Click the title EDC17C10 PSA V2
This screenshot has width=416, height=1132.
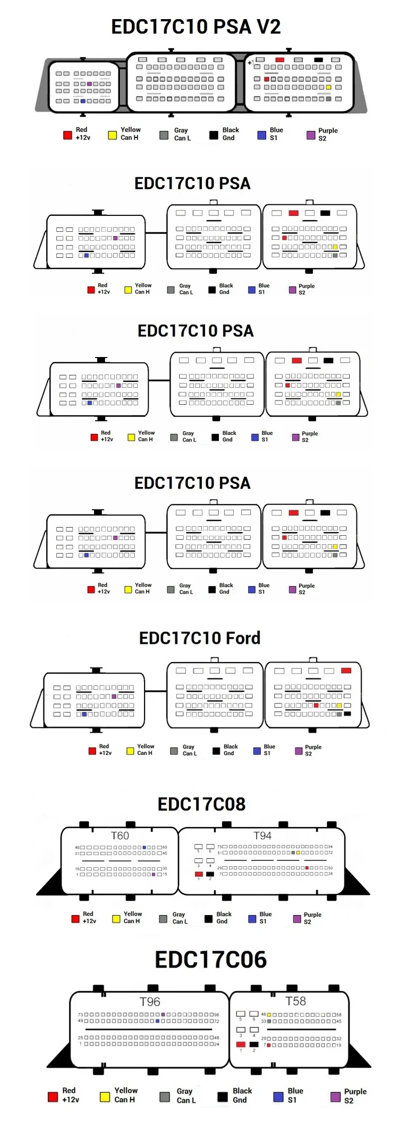pyautogui.click(x=196, y=27)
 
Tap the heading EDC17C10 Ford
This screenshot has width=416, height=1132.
pyautogui.click(x=200, y=638)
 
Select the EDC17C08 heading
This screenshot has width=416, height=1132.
pyautogui.click(x=201, y=804)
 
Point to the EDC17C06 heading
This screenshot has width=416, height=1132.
pyautogui.click(x=210, y=960)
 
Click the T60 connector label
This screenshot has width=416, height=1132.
pyautogui.click(x=120, y=835)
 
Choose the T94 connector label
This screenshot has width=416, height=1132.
pyautogui.click(x=262, y=835)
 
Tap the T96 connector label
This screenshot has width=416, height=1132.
pyautogui.click(x=149, y=1002)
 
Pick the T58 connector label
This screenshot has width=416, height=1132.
pyautogui.click(x=295, y=1001)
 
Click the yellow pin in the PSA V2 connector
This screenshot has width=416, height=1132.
pyautogui.click(x=328, y=87)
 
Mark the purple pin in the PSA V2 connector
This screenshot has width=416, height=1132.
pyautogui.click(x=89, y=84)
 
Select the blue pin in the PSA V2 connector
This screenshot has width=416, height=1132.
pyautogui.click(x=83, y=101)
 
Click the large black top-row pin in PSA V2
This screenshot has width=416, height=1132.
pyautogui.click(x=318, y=60)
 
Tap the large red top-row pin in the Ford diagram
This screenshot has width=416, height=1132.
pyautogui.click(x=346, y=671)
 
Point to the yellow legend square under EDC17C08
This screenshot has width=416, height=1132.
pyautogui.click(x=116, y=919)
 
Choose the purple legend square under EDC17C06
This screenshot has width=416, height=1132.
pyautogui.click(x=335, y=1096)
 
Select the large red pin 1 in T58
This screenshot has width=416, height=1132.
pyautogui.click(x=241, y=1044)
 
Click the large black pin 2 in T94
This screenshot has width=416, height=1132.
pyautogui.click(x=210, y=874)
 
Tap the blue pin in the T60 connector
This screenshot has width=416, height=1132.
pyautogui.click(x=144, y=847)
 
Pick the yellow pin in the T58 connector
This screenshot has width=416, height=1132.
pyautogui.click(x=269, y=1015)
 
